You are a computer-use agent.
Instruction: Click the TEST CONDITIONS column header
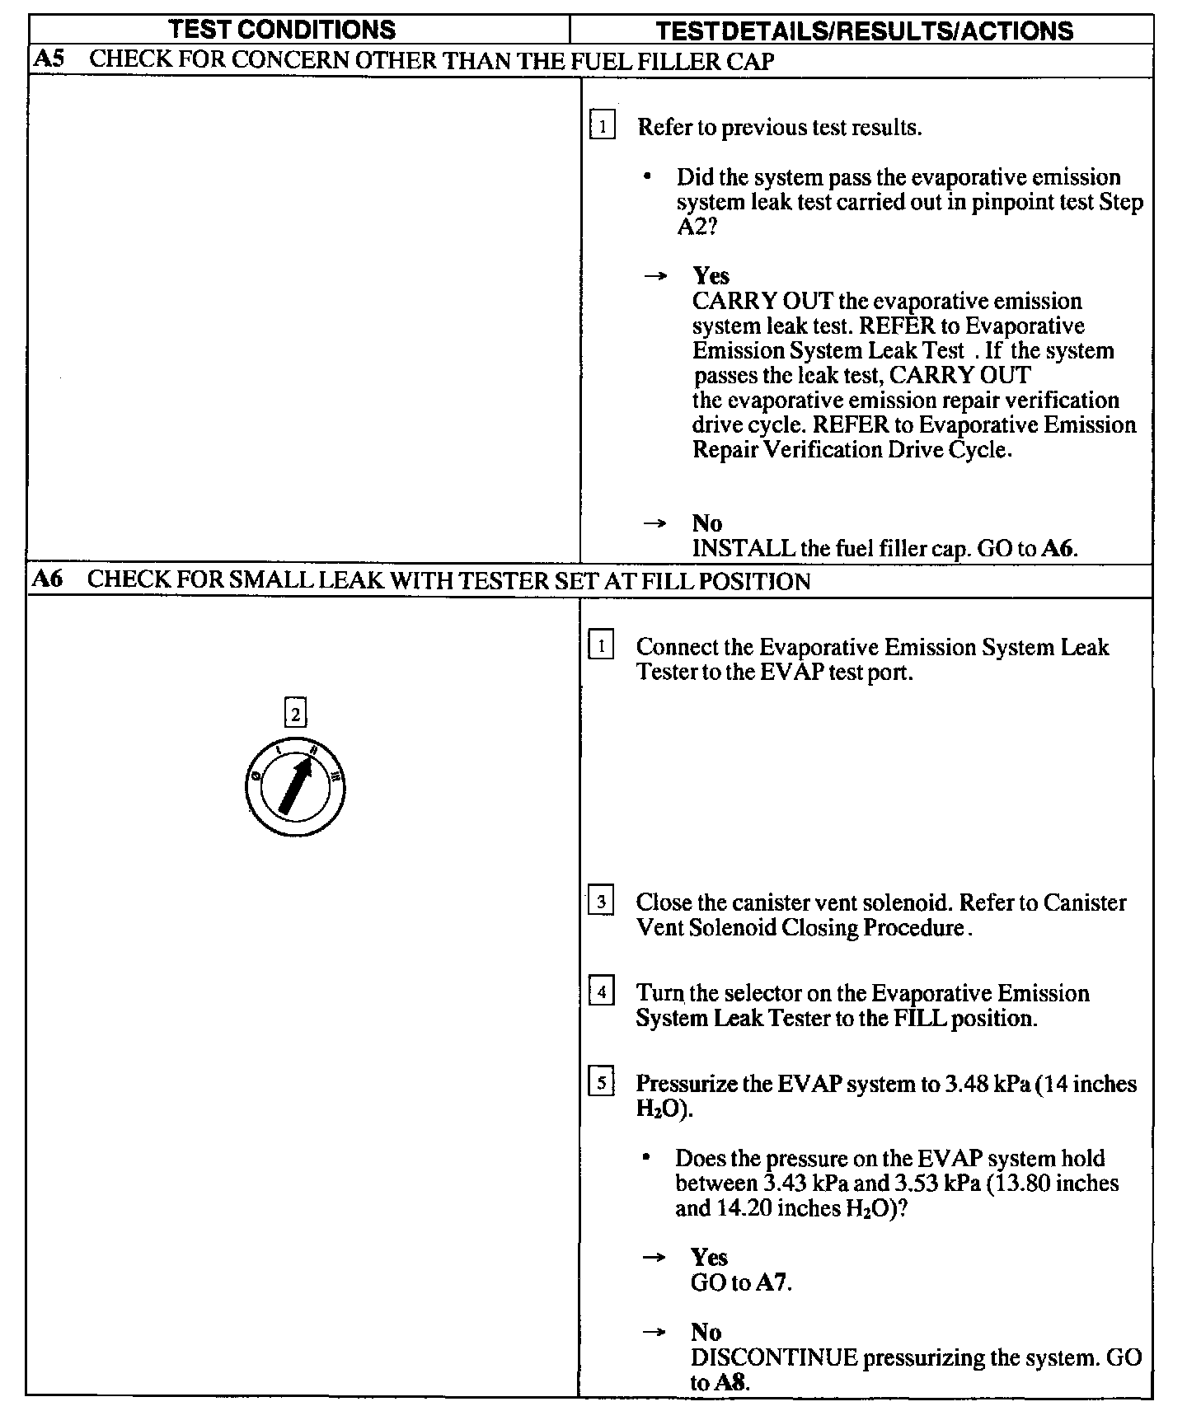coord(282,30)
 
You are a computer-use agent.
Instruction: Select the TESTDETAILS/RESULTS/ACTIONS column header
coord(865,31)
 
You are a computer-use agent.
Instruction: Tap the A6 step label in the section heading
coord(47,579)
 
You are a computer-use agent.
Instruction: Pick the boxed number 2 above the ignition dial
coord(295,712)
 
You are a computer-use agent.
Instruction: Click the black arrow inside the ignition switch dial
coord(295,786)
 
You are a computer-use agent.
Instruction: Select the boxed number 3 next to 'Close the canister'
coord(601,902)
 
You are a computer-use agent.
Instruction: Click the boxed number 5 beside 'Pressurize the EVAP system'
coord(601,1082)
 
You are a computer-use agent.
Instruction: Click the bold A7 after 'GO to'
coord(772,1282)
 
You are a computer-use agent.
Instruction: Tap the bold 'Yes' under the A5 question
coord(711,275)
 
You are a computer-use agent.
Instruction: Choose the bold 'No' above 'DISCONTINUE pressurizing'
coord(706,1332)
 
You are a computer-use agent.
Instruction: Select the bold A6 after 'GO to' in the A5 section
coord(1058,548)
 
